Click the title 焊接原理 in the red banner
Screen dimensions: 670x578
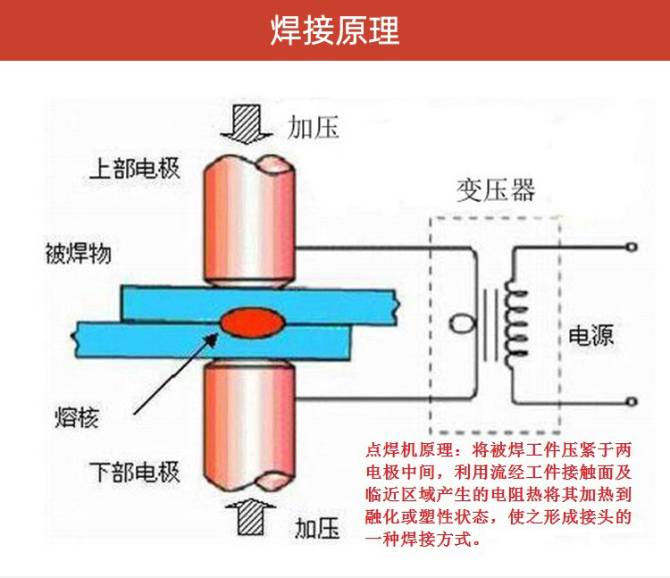click(x=335, y=30)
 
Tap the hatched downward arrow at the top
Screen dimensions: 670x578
click(x=247, y=124)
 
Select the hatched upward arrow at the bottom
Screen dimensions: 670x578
click(x=250, y=516)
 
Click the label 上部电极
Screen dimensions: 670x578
click(x=134, y=169)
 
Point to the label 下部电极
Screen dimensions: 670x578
click(x=134, y=472)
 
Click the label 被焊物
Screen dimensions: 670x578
click(x=79, y=254)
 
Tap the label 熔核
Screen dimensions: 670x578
click(x=77, y=417)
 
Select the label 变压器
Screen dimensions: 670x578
click(x=496, y=190)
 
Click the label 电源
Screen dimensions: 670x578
click(x=591, y=335)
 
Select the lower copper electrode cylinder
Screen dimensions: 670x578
click(x=249, y=425)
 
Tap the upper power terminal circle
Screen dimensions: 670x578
click(x=631, y=247)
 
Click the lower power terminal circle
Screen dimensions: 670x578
click(x=631, y=402)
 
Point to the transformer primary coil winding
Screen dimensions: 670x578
click(x=516, y=323)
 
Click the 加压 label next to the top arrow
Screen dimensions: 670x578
click(x=314, y=128)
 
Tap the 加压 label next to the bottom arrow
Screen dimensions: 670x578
click(x=316, y=529)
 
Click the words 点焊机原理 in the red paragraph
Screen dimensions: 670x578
click(x=409, y=450)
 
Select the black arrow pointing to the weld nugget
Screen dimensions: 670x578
click(x=176, y=373)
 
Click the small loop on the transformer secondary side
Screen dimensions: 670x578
click(x=463, y=323)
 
